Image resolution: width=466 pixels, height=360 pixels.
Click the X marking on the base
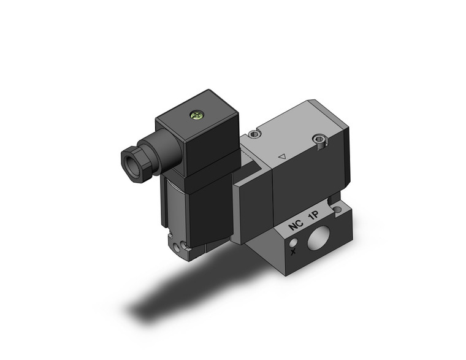(294, 251)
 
